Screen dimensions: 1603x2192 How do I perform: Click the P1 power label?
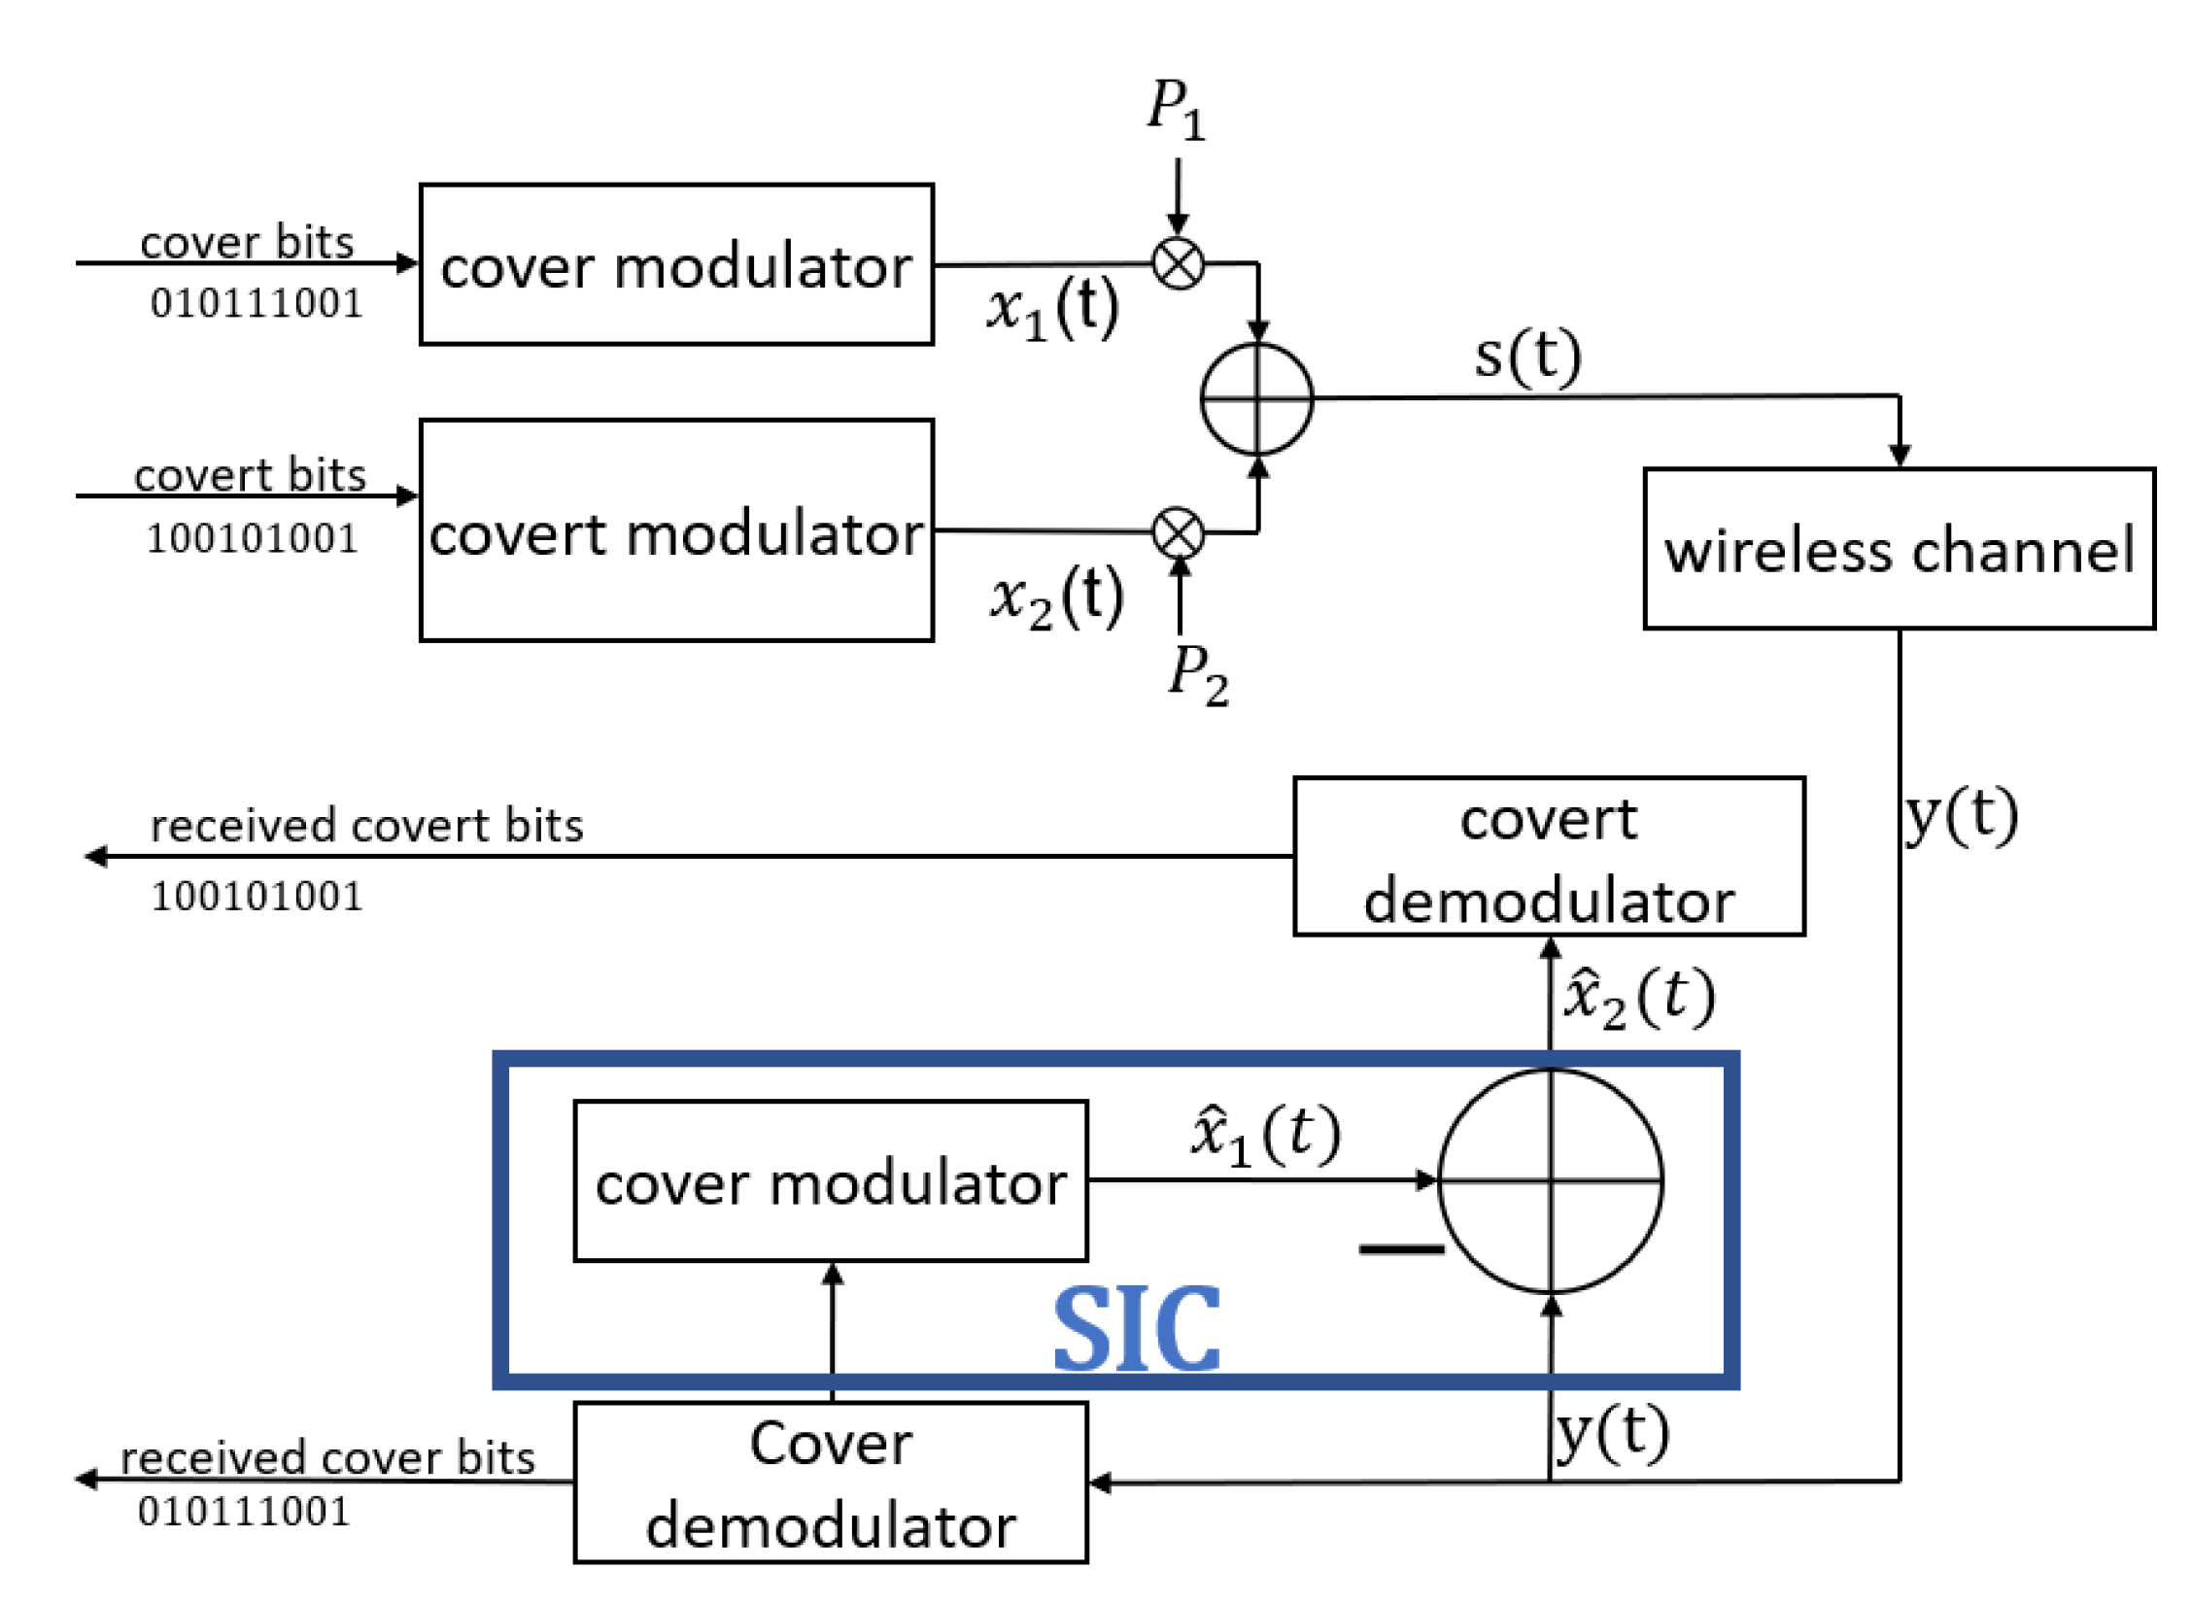coord(1176,109)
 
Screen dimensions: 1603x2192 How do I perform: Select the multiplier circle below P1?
coord(1178,263)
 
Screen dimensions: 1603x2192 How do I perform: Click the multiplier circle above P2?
coord(1178,533)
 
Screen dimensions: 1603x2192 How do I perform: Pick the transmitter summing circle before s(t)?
coord(1256,398)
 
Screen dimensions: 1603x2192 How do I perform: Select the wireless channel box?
coord(1899,549)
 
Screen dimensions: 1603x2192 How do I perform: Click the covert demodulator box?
coord(1548,857)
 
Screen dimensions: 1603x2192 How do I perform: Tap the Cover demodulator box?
coord(831,1482)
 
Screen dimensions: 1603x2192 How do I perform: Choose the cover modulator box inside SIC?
coord(831,1181)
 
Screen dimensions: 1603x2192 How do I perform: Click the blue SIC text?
coord(1136,1329)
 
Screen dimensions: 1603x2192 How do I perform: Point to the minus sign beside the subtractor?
coord(1400,1249)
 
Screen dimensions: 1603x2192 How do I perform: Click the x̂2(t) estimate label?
coord(1638,998)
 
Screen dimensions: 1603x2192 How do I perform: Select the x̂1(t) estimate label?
coord(1265,1135)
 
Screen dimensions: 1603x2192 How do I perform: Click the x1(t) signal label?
coord(1052,309)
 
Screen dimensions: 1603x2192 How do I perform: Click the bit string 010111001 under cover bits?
coord(257,304)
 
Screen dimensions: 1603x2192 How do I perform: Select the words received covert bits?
coord(366,826)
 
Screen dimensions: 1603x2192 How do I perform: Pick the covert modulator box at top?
coord(676,530)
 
